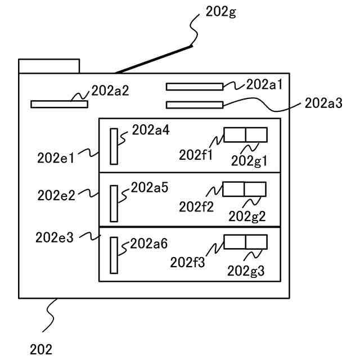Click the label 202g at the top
pos(222,12)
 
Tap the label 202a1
pos(264,84)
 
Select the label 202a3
pos(323,103)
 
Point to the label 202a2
pos(110,90)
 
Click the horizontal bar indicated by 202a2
pos(59,104)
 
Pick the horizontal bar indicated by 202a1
pos(195,86)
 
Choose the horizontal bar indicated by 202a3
pos(195,104)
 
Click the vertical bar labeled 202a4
pos(114,146)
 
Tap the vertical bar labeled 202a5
pos(114,203)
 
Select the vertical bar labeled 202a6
pos(114,255)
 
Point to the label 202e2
pos(56,195)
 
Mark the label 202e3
pos(55,238)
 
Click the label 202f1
pos(196,154)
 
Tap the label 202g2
pos(247,215)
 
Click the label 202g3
pos(246,271)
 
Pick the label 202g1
pos(249,161)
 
